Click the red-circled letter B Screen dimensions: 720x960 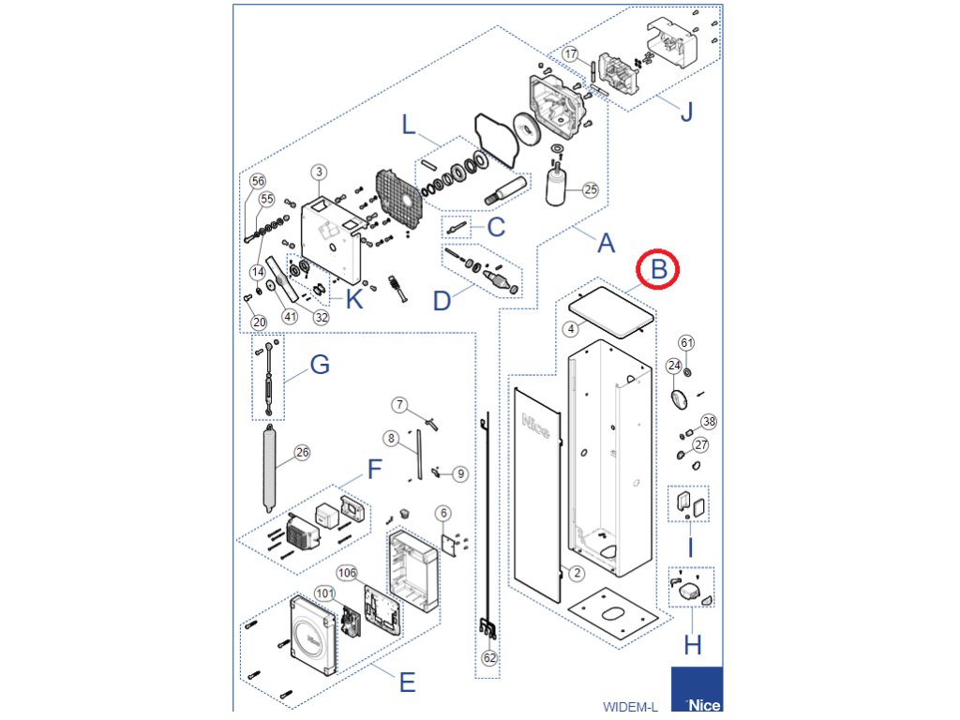(659, 270)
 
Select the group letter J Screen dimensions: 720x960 (686, 113)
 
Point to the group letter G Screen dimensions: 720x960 (320, 365)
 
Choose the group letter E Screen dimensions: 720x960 (406, 682)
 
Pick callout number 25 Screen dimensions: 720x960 (590, 189)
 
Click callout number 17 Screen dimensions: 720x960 (571, 53)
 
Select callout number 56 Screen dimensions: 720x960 (258, 181)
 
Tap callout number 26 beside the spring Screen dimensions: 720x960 (302, 453)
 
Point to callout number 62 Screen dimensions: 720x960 (489, 658)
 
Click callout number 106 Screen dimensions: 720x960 (348, 572)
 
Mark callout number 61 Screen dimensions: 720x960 (687, 342)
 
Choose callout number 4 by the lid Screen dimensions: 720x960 (570, 329)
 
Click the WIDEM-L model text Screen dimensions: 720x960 (630, 706)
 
